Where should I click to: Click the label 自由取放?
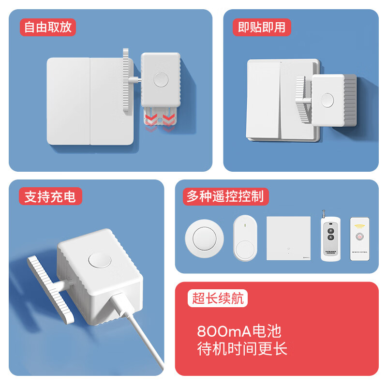point(47,27)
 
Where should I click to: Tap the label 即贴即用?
point(262,27)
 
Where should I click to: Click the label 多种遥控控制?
point(225,196)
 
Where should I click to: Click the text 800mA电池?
point(239,331)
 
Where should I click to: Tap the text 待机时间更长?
point(242,348)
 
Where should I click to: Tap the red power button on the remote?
point(359,237)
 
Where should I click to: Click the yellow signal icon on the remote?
point(359,226)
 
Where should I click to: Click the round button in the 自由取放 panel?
point(160,79)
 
